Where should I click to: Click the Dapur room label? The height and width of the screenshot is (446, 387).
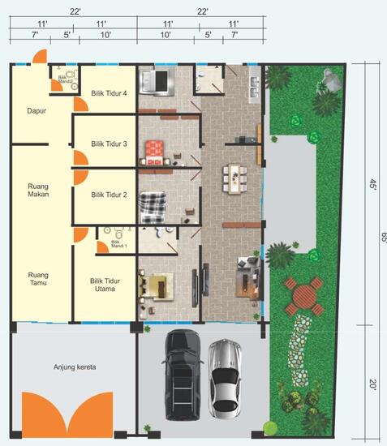point(34,110)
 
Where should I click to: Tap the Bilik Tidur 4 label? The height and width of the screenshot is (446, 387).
point(110,93)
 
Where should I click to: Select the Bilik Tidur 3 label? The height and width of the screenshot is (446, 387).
point(109,144)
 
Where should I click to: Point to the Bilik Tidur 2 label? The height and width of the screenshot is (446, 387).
point(109,195)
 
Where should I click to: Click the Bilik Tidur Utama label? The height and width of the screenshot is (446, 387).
point(105,285)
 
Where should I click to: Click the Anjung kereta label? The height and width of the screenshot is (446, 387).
point(75,367)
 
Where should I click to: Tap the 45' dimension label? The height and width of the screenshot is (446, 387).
point(374,186)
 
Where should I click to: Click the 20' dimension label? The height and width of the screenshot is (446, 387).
point(374,386)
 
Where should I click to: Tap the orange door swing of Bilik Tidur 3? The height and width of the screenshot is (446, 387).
point(80,157)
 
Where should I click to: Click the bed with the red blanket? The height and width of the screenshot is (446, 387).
point(154,151)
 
